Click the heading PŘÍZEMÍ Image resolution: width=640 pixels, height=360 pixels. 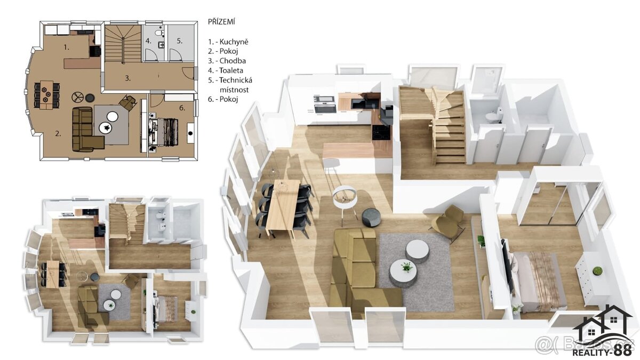[221, 22]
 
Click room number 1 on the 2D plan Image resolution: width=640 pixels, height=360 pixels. [66, 47]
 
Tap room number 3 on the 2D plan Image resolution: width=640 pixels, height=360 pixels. [128, 78]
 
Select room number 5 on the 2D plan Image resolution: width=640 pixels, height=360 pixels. [180, 40]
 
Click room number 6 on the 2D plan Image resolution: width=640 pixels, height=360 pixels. [182, 108]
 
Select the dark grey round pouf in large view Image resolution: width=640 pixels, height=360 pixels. [371, 217]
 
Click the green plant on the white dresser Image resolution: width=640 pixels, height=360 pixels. [597, 271]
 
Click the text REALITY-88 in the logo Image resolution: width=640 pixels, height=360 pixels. [602, 350]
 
